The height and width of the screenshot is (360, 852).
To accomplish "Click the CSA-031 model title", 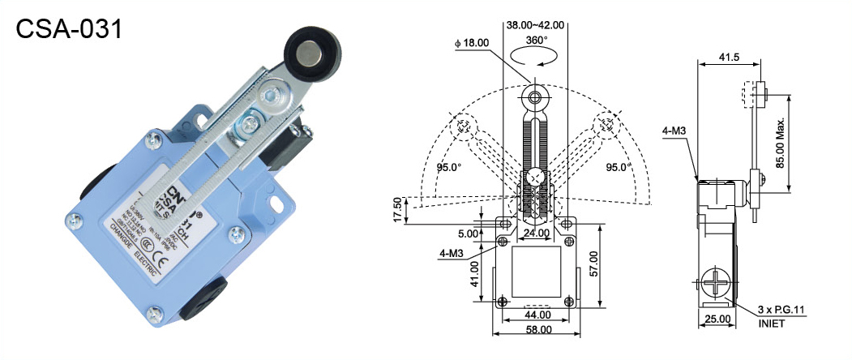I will [x=70, y=30].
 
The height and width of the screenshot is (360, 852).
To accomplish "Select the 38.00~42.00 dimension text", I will [x=535, y=25].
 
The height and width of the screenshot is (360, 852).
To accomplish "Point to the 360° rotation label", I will [x=536, y=40].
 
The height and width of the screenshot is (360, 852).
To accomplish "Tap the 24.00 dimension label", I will [x=536, y=234].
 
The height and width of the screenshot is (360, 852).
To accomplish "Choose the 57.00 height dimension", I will [x=616, y=261].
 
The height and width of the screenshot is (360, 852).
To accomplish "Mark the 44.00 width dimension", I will [x=536, y=314].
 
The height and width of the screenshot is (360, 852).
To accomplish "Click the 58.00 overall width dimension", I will [x=536, y=329].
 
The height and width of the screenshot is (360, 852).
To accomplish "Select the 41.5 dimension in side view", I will [x=729, y=57].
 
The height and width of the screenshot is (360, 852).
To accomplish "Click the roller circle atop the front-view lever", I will [x=535, y=99].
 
